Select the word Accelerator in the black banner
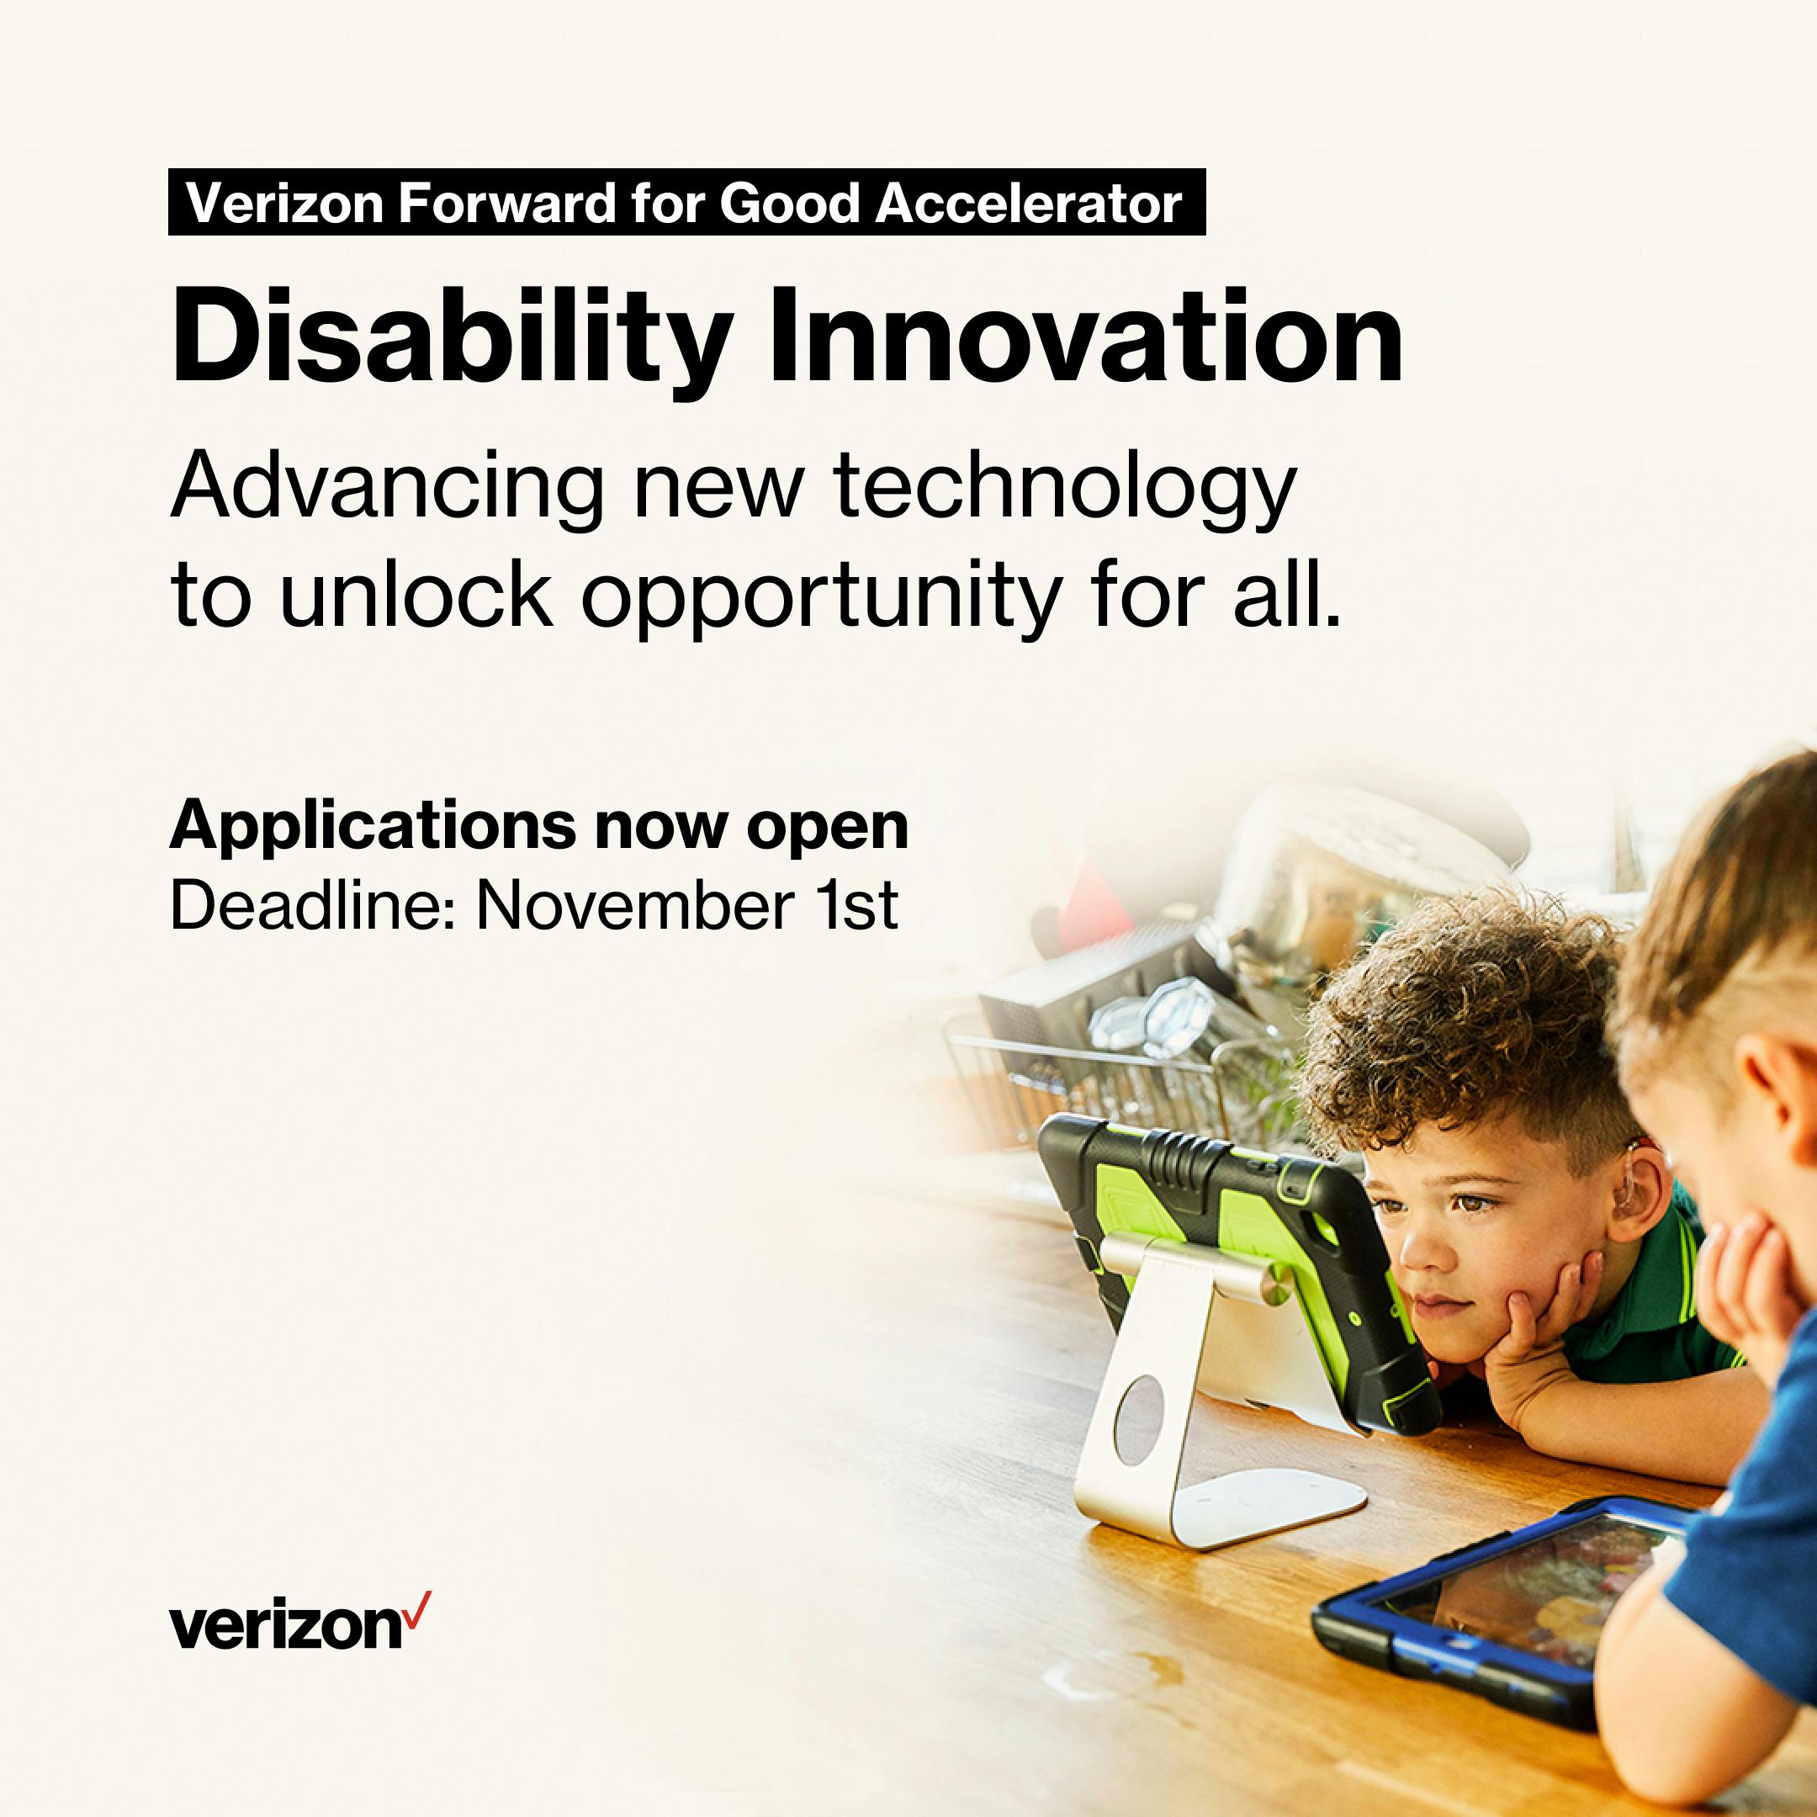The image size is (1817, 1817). (x=1029, y=203)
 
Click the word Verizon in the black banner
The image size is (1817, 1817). (x=285, y=203)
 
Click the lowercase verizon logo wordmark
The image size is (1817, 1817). (x=287, y=1625)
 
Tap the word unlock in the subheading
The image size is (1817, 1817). (x=416, y=596)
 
